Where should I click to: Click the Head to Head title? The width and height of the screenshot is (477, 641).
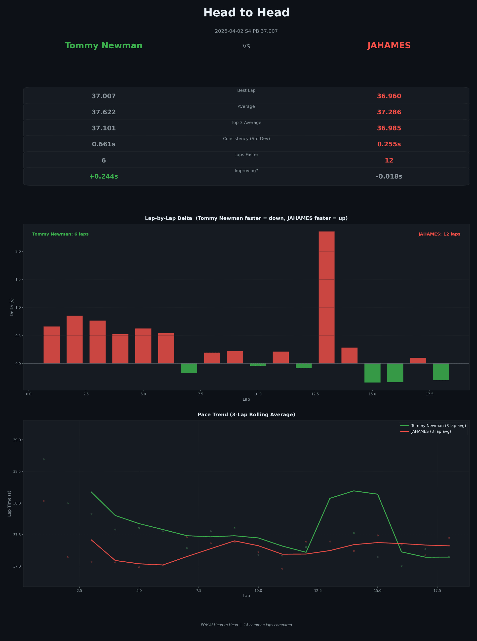point(246,13)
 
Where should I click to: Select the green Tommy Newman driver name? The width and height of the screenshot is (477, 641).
point(103,46)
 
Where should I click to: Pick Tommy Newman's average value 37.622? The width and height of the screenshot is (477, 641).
point(103,112)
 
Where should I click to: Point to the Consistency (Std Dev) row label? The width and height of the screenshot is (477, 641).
point(246,139)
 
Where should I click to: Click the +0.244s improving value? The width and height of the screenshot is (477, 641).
point(103,176)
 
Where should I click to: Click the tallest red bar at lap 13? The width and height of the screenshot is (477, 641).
point(326,297)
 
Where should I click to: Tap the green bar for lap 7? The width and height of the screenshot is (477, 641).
point(189,368)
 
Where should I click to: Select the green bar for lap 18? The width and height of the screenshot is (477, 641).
point(441,372)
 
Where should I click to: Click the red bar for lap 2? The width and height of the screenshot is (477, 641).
point(75,339)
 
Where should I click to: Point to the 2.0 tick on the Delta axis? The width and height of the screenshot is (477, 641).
point(18,252)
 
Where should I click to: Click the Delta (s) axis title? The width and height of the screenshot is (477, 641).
point(11,307)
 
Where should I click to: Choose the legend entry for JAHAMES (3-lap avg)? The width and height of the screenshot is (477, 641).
point(431,432)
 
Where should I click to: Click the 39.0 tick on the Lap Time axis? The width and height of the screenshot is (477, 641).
point(17,440)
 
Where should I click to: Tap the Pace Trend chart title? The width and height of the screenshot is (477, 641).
point(246,415)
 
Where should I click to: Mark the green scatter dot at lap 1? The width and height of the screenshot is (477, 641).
point(43,459)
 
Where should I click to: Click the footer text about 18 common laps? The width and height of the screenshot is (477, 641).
point(246,625)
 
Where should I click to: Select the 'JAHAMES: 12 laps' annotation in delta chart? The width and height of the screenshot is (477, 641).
point(439,234)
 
